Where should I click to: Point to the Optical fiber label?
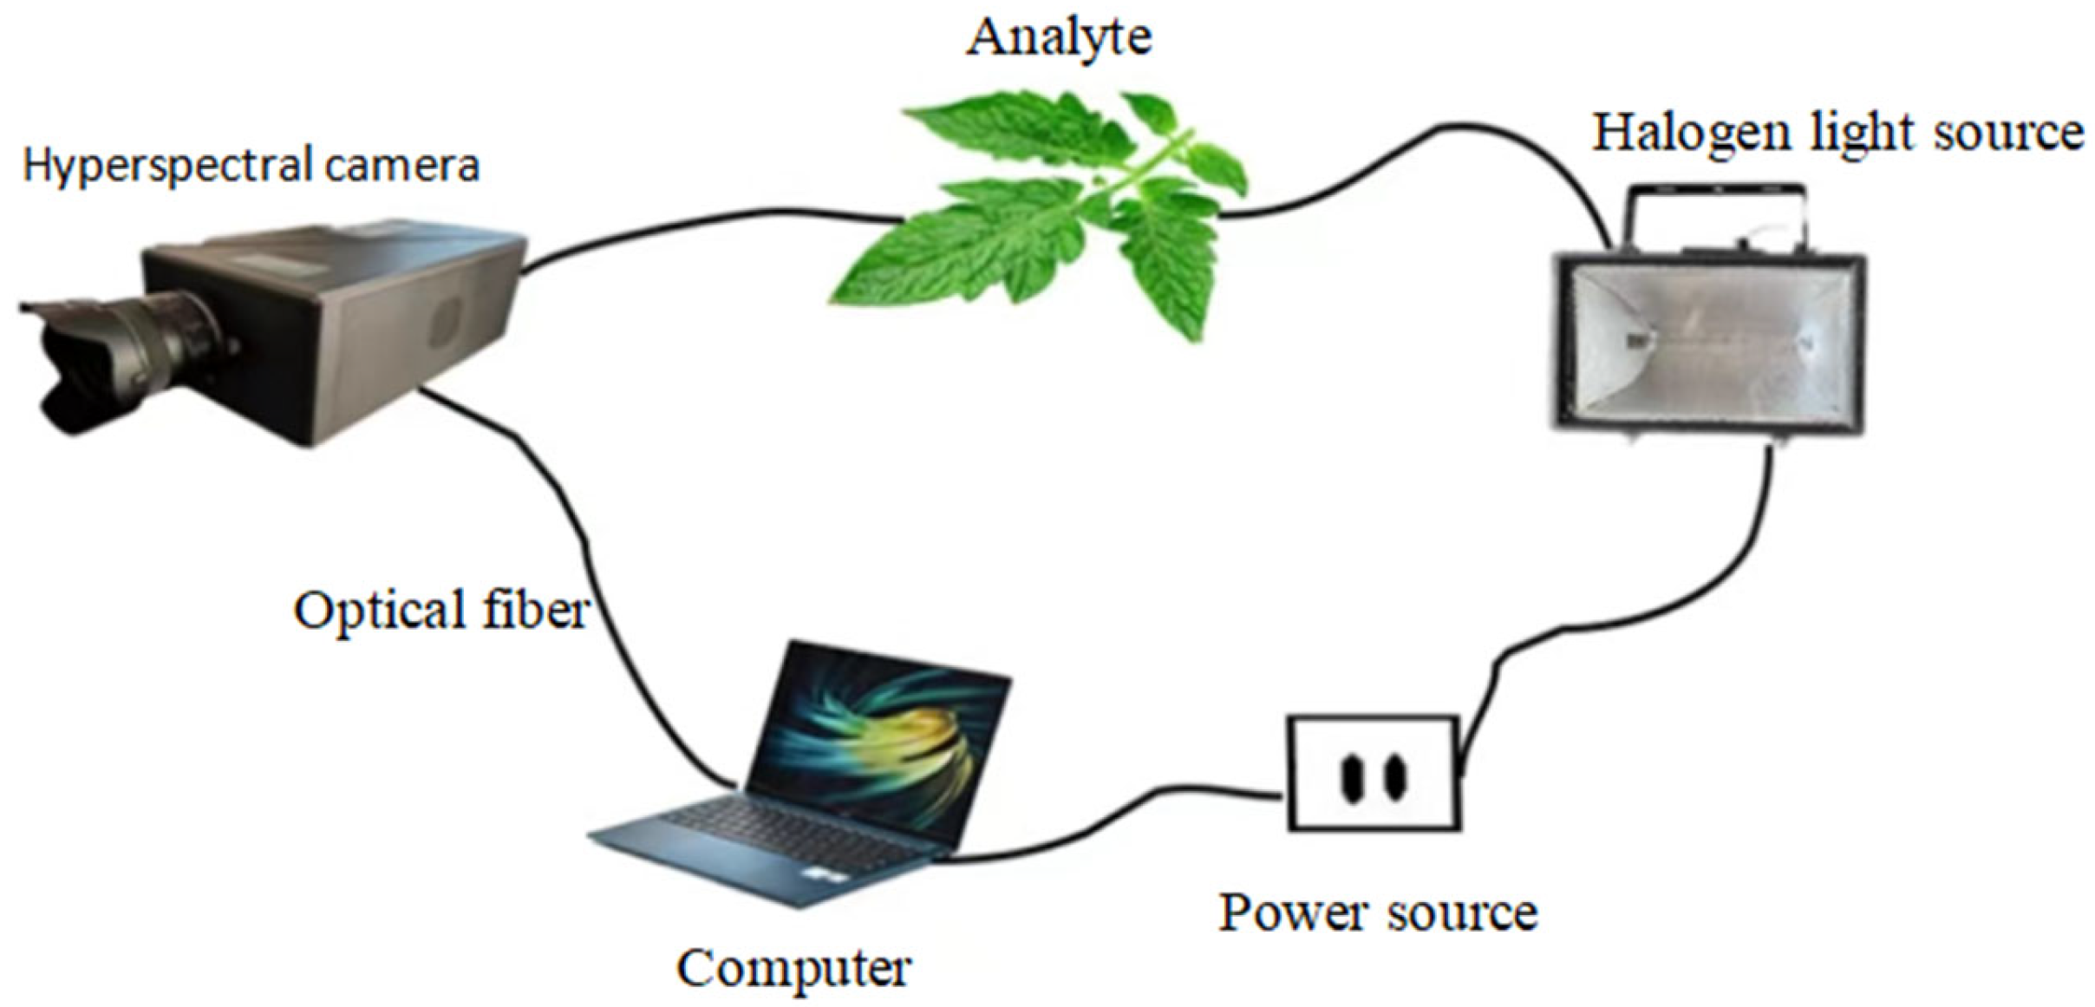441,611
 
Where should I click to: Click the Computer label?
793,968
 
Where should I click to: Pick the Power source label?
1378,913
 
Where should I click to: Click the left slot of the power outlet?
1351,777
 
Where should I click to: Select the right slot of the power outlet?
1393,777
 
